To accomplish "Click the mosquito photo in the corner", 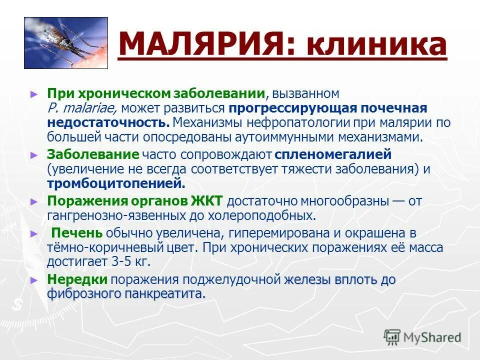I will click(66, 43).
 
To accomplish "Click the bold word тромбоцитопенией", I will click(116, 183).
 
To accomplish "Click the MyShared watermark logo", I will click(423, 337).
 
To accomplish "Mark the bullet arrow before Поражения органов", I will click(34, 202).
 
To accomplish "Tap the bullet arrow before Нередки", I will click(34, 280).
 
